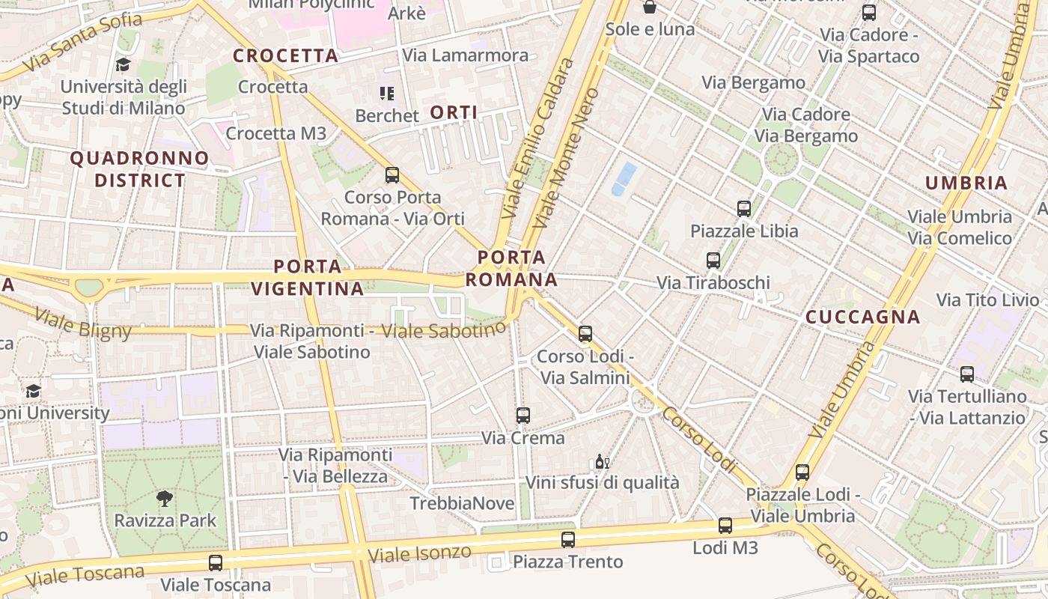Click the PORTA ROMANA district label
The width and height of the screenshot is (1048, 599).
(511, 269)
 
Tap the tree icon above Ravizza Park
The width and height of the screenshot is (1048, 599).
(165, 498)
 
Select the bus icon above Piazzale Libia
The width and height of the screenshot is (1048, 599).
(743, 209)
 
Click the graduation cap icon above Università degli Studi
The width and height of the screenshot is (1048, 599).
(124, 65)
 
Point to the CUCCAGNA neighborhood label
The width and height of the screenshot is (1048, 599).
(862, 317)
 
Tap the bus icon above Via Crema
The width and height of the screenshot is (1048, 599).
(523, 415)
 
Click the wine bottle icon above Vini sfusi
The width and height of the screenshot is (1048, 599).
(602, 461)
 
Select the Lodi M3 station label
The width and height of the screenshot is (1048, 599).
(725, 547)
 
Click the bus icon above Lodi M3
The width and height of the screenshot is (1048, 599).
(725, 526)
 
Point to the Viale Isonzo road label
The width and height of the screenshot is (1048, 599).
(419, 554)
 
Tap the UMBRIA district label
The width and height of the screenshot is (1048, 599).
(966, 183)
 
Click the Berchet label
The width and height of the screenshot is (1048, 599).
(387, 116)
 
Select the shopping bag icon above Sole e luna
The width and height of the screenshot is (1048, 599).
(650, 7)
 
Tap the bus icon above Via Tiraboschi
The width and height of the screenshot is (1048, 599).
(713, 261)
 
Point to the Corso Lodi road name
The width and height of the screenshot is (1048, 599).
(700, 440)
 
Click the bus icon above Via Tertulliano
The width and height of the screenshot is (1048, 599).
(966, 374)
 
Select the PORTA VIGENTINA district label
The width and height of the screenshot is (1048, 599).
(308, 277)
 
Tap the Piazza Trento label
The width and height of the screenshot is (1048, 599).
(567, 562)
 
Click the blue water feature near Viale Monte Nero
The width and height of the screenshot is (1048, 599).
(624, 179)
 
